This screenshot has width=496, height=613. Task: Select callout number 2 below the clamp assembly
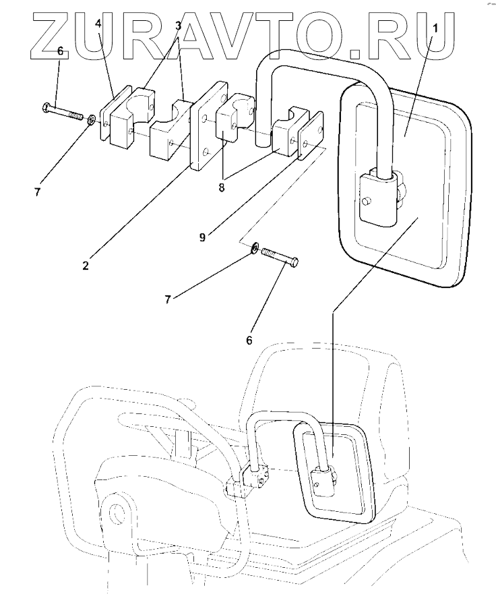pyautogui.click(x=86, y=264)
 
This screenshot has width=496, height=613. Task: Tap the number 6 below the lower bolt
pyautogui.click(x=249, y=341)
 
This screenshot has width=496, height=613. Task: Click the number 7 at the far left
pyautogui.click(x=38, y=192)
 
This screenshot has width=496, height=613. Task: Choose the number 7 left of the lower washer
pyautogui.click(x=168, y=297)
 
